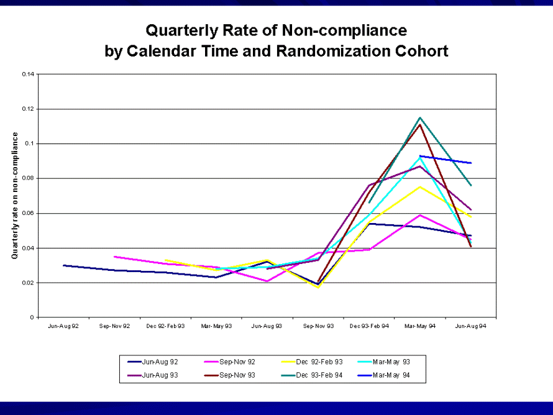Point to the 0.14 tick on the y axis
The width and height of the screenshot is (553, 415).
click(28, 75)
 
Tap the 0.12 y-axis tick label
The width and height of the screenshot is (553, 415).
click(28, 109)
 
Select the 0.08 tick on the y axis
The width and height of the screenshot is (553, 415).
click(28, 179)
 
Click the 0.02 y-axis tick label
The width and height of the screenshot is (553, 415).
click(28, 283)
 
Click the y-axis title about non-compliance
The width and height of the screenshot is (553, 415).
click(14, 196)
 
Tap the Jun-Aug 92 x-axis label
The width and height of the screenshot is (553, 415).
click(63, 326)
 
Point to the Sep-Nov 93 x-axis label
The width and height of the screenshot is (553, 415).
click(318, 326)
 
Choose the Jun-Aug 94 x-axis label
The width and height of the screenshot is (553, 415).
click(471, 326)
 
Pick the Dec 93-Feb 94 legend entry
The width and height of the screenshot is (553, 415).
click(319, 376)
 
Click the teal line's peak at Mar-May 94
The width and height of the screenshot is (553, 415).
click(420, 117)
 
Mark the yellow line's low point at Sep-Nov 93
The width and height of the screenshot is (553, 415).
click(318, 288)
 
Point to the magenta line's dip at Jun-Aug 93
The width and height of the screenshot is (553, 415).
click(267, 281)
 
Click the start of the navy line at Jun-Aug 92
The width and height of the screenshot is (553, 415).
click(63, 265)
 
